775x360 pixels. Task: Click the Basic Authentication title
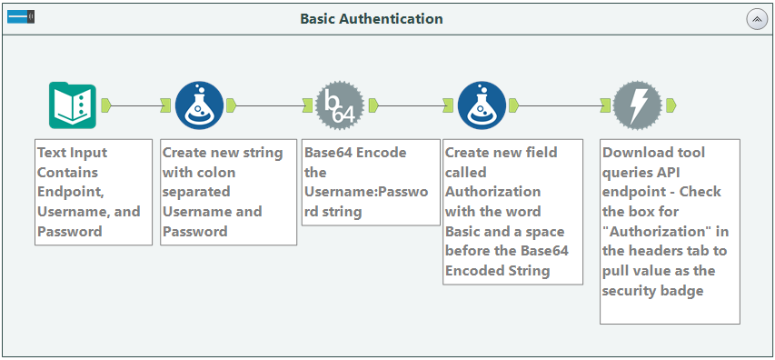tap(372, 18)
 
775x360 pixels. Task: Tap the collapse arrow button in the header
tap(756, 19)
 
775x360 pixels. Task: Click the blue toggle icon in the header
tap(21, 17)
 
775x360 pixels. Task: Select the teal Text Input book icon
tap(72, 105)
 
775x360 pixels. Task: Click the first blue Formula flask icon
tap(198, 105)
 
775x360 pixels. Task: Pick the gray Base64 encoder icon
tap(340, 105)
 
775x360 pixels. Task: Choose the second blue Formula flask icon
tap(481, 105)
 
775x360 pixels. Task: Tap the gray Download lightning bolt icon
tap(637, 105)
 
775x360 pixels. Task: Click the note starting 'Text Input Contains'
tap(93, 192)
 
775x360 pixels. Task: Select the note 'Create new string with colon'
tap(228, 192)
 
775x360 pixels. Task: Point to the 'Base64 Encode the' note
tap(370, 182)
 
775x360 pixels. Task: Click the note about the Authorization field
tap(512, 211)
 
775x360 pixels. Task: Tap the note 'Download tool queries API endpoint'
tap(670, 231)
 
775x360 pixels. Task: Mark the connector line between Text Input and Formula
tap(135, 105)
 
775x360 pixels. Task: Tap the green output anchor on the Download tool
tap(671, 105)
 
